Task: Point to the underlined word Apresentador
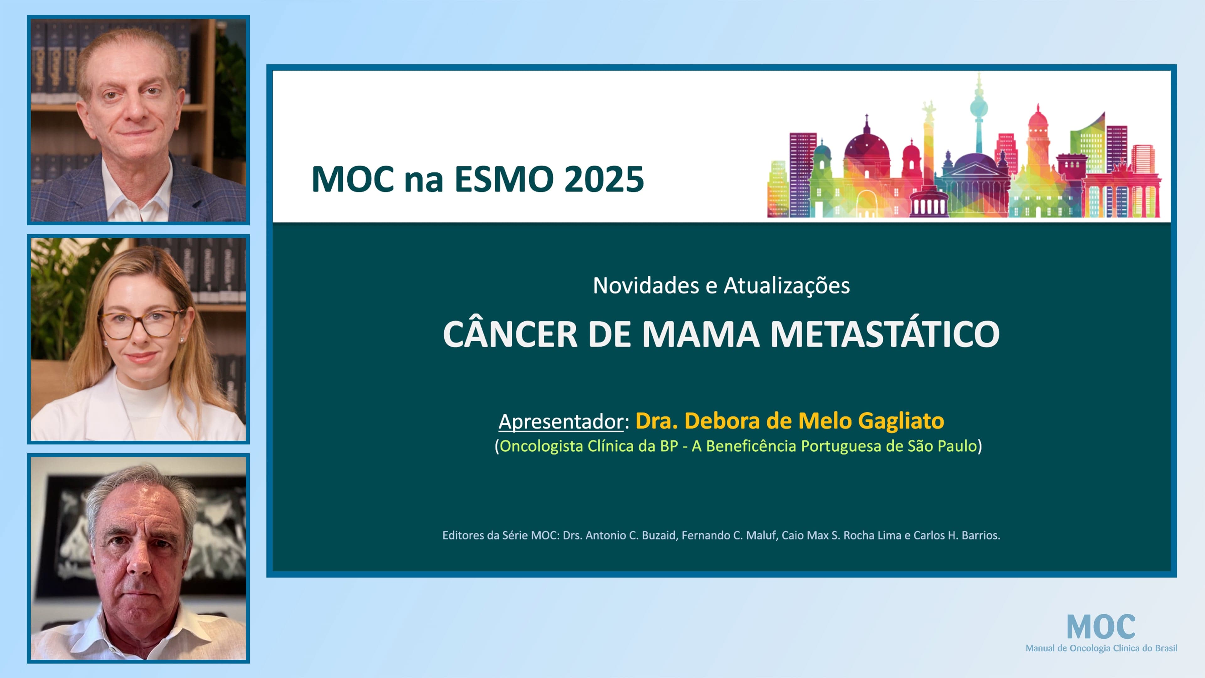point(561,421)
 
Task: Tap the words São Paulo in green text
point(942,446)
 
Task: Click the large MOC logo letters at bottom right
point(1101,627)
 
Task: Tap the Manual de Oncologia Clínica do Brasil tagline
point(1101,648)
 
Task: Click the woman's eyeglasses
point(139,324)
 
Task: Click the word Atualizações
point(787,285)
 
